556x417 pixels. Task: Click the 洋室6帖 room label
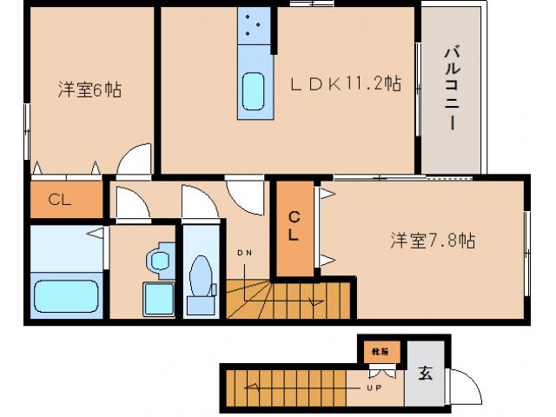click(x=89, y=89)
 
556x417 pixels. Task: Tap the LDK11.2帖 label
click(x=345, y=84)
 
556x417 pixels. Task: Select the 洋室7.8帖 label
click(x=432, y=239)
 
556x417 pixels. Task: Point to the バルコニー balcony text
click(x=451, y=88)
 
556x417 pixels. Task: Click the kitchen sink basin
click(x=254, y=90)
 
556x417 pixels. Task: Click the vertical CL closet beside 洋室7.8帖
click(x=295, y=227)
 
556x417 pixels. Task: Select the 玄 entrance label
click(x=425, y=374)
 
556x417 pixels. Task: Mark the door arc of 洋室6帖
click(x=136, y=160)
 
